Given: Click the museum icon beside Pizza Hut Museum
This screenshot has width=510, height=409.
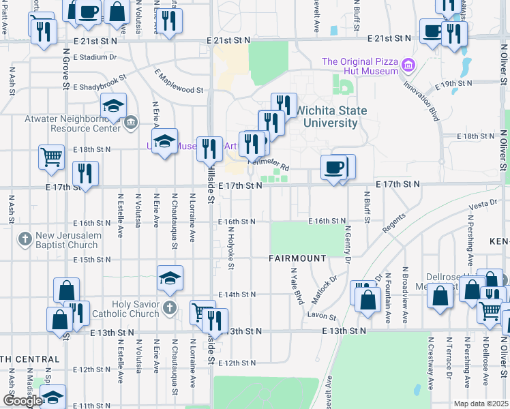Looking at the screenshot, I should pyautogui.click(x=408, y=66).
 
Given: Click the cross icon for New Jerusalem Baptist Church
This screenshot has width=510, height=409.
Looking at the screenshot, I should pyautogui.click(x=25, y=239).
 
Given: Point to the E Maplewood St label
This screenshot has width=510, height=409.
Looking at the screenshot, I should pyautogui.click(x=179, y=80).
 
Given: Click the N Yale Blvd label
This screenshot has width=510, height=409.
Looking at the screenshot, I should pyautogui.click(x=297, y=285).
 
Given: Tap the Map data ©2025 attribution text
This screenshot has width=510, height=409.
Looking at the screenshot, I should pyautogui.click(x=481, y=404).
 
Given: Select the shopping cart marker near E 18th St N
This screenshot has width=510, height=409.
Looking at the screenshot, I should pyautogui.click(x=52, y=157).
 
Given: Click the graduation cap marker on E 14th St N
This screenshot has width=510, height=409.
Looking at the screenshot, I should pyautogui.click(x=170, y=277).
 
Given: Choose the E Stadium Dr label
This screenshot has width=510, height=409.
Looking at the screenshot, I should pyautogui.click(x=93, y=57).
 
